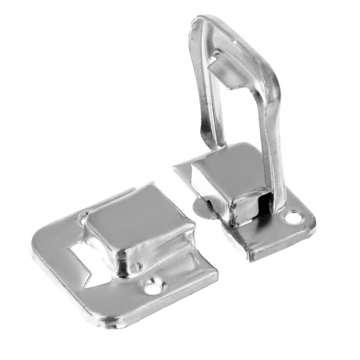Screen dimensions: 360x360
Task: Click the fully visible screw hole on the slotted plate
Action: [x=152, y=288]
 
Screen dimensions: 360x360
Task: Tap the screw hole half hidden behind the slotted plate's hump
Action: [x=83, y=220]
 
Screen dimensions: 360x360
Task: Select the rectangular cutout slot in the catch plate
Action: [x=80, y=258]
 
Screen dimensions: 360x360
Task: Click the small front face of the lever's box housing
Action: [x=247, y=210]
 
